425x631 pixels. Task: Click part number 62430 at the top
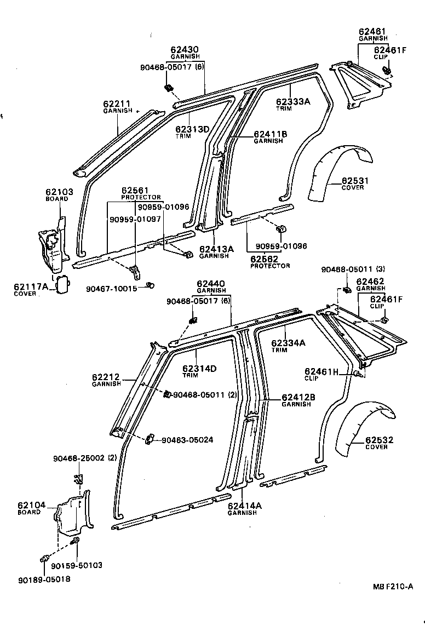point(184,49)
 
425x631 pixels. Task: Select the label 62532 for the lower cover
point(372,440)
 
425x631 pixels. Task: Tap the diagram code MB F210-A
point(393,587)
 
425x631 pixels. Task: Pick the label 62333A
point(293,101)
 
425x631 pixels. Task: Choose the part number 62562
point(265,259)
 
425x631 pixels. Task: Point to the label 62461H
point(321,371)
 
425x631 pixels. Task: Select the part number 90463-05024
point(187,439)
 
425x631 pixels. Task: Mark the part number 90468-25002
point(79,458)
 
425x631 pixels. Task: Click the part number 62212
point(106,377)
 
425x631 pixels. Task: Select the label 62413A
point(216,249)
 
